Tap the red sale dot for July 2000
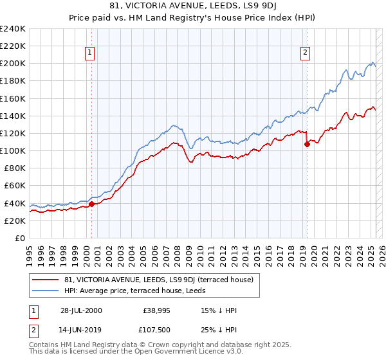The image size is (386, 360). pos(92,204)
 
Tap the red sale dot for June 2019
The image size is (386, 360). pos(307,144)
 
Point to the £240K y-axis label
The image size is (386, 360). pos(12,29)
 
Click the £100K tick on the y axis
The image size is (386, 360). pos(12,150)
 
